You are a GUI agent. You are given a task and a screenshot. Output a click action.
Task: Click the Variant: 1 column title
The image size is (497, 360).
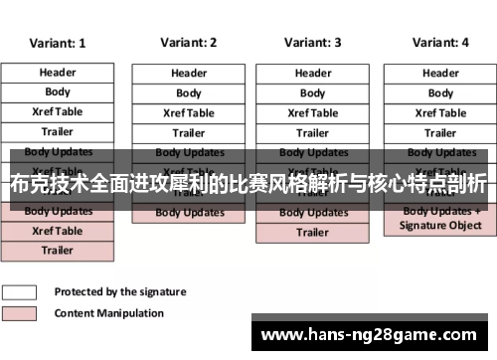57,44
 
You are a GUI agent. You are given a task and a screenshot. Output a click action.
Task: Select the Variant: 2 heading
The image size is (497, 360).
188,43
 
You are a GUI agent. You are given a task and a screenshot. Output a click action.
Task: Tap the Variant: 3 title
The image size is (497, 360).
312,43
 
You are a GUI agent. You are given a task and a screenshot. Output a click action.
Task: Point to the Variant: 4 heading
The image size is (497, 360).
440,43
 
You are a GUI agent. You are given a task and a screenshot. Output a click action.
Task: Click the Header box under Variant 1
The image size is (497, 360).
57,73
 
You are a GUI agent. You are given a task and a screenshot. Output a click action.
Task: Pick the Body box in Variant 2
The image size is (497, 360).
188,93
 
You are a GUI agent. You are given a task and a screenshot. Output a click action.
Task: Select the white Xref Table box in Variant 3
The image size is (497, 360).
312,113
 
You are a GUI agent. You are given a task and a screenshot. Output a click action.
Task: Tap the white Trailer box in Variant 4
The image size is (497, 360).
440,133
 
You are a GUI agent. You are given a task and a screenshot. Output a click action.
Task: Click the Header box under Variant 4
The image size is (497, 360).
440,74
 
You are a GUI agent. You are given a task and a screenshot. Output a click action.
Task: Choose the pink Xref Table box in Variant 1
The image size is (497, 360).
57,231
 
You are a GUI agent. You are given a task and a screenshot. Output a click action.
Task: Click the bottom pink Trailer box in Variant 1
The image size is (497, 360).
57,251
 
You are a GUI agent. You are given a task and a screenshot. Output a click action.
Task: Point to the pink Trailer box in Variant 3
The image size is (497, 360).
312,233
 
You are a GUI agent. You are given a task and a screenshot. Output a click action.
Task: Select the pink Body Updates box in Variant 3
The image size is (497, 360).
312,213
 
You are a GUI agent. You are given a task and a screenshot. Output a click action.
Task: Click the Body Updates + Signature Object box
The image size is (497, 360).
440,219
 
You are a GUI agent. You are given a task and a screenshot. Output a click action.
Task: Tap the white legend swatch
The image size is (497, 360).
20,292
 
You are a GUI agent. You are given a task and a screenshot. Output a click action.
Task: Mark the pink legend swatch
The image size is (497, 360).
20,313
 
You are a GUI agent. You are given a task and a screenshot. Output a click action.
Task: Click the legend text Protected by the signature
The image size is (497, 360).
119,292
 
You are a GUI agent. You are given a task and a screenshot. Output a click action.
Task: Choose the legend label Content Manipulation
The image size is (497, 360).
108,313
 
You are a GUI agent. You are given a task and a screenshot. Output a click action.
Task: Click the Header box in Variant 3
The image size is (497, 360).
312,74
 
